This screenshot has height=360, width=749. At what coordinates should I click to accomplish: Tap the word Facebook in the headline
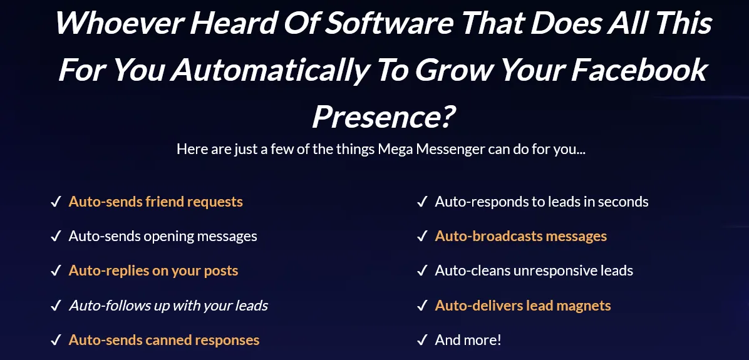tap(639, 69)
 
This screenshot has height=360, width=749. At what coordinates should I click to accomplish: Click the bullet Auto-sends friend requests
tap(156, 202)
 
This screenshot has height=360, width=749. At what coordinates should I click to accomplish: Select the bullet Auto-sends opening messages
tap(163, 236)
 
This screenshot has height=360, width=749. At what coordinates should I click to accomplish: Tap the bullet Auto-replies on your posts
tap(153, 270)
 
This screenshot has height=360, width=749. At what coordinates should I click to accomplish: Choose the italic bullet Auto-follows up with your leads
tap(168, 306)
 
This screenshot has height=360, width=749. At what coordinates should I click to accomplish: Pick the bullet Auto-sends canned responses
tap(164, 340)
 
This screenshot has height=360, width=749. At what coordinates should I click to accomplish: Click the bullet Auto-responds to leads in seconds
tap(542, 202)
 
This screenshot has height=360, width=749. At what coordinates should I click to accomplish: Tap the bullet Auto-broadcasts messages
tap(520, 236)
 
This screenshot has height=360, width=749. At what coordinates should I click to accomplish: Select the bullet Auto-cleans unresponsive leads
tap(534, 270)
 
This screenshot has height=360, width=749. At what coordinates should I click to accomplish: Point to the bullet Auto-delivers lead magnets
tap(523, 306)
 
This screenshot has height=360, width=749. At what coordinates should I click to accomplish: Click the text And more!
tap(468, 340)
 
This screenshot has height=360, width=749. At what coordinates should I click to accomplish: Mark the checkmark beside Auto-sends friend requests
tap(56, 202)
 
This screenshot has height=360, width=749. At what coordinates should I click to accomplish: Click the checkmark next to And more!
tap(422, 341)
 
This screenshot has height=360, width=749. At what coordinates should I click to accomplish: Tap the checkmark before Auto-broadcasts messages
tap(422, 236)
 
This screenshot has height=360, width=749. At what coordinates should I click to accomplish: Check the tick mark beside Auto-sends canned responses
tap(56, 341)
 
